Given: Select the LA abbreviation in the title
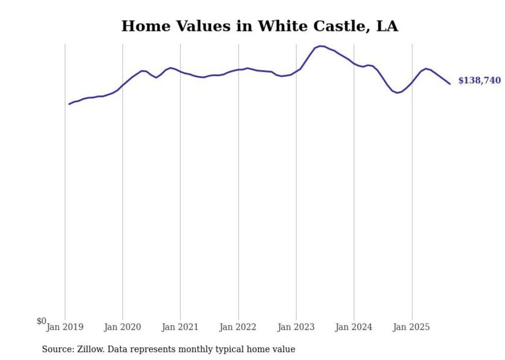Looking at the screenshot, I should [x=387, y=26].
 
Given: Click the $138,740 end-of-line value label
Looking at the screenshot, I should [x=479, y=81].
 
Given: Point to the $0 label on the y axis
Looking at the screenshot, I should [x=41, y=321].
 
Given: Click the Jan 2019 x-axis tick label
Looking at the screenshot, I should [x=65, y=327].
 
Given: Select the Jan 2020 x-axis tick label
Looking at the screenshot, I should [x=123, y=327].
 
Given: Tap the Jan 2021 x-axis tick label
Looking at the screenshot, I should [x=180, y=327].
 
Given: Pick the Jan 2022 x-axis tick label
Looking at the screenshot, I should [x=238, y=327].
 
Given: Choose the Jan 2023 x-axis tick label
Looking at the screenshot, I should [x=296, y=327].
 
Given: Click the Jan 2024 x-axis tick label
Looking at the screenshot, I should [x=353, y=327].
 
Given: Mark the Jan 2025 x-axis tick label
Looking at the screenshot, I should [x=411, y=327].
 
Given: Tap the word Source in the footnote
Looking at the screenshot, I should [x=57, y=349].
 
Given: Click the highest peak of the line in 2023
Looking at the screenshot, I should [x=321, y=46].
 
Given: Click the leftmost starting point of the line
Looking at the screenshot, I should [x=69, y=104].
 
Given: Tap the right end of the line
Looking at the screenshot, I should [x=450, y=84].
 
